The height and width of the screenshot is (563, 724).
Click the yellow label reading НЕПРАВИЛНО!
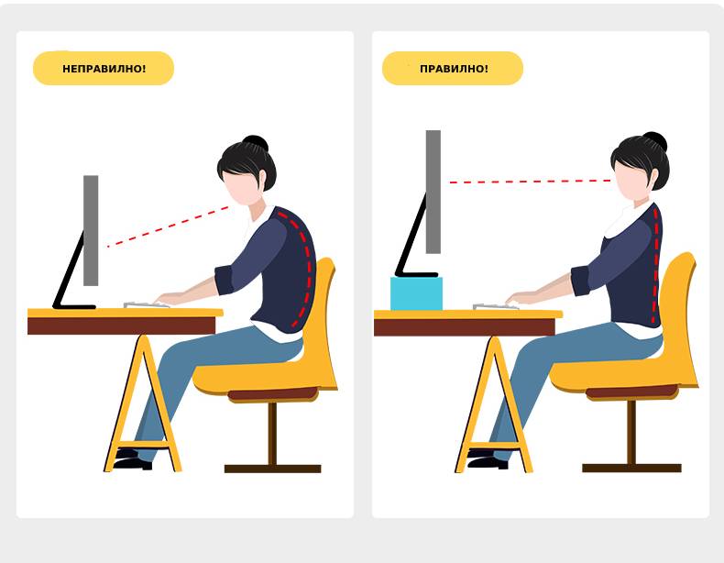(x=104, y=69)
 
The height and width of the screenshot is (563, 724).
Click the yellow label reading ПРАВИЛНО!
(x=453, y=69)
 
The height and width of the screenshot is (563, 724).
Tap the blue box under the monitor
(x=416, y=293)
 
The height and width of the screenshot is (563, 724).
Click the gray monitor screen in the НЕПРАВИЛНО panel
(x=91, y=230)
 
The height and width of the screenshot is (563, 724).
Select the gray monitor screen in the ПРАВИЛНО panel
(x=433, y=192)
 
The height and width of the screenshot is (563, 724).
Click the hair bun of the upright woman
(x=654, y=140)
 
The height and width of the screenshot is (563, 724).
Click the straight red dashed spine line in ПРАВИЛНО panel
(x=655, y=265)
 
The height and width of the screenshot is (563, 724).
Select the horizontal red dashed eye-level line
(x=530, y=182)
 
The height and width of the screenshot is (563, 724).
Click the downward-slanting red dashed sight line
(x=168, y=226)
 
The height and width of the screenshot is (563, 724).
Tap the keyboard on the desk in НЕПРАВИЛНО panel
(x=146, y=304)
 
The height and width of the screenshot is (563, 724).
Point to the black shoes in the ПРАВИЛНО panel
(x=487, y=459)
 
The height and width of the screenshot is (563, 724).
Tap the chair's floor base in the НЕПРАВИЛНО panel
(x=272, y=469)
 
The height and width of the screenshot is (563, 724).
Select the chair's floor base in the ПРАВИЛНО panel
(x=631, y=468)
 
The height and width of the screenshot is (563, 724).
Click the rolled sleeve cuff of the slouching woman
(x=225, y=281)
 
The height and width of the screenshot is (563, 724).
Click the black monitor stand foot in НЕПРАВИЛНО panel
(x=74, y=306)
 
